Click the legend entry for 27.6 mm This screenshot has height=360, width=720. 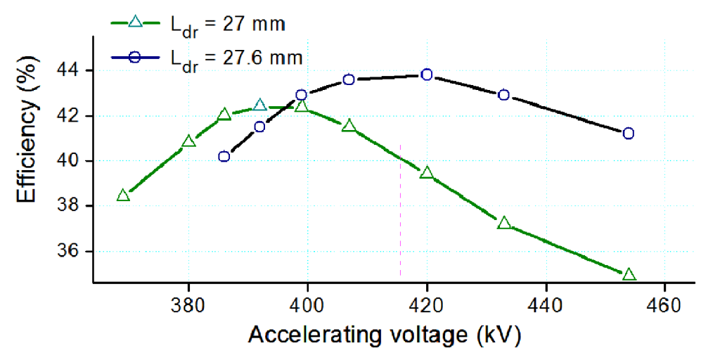pos(207,58)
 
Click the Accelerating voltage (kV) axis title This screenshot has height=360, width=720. pos(384,336)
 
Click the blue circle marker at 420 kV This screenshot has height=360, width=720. pos(427,75)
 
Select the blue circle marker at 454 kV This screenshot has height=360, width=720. pos(629,134)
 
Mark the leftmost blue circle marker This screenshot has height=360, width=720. pos(224,156)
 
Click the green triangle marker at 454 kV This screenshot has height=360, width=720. pos(629,274)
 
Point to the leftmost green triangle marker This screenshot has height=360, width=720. pos(123,195)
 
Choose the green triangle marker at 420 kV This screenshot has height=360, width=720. pos(427,173)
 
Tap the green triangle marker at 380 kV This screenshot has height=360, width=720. pos(188,142)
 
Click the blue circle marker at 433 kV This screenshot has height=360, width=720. pos(503,95)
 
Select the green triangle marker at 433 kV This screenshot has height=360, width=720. pos(503,224)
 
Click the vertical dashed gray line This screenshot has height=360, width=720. pos(400,211)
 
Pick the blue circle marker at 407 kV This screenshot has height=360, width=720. pos(349,79)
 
